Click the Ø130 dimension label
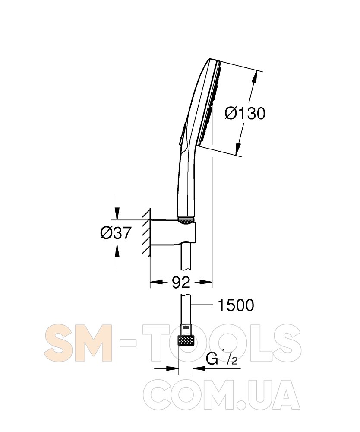click(245, 113)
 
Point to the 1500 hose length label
click(236, 305)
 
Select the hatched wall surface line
click(150, 232)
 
